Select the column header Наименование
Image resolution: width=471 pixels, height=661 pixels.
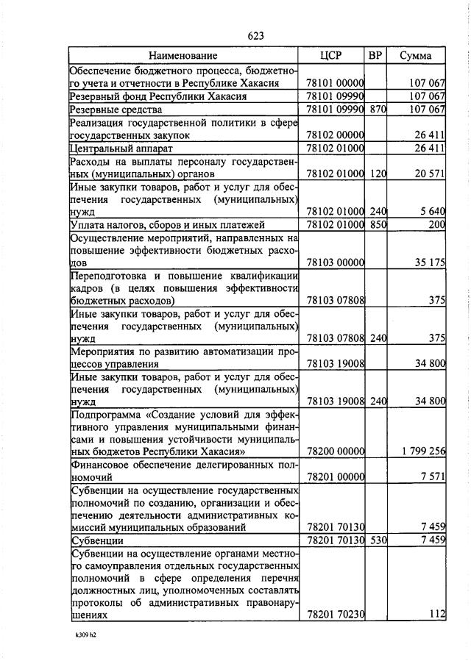pos(183,55)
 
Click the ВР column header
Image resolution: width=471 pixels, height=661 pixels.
pos(375,55)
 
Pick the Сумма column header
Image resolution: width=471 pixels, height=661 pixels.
pos(416,55)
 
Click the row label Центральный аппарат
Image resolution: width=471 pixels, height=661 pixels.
pos(113,149)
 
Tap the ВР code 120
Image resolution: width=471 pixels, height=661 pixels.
pos(378,174)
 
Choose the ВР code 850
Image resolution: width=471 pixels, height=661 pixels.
pos(378,225)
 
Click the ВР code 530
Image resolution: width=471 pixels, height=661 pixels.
pos(378,541)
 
